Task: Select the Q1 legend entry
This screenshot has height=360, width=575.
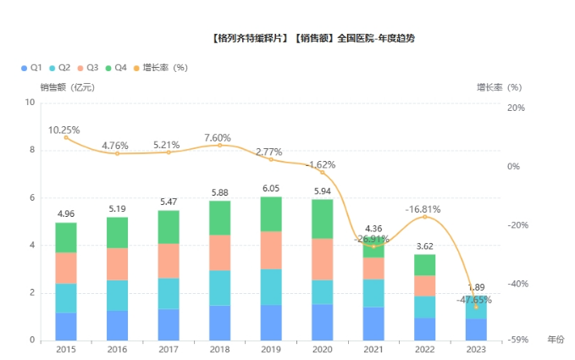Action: click(x=31, y=67)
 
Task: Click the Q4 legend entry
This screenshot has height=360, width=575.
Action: click(x=115, y=67)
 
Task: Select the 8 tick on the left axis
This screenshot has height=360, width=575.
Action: click(x=32, y=150)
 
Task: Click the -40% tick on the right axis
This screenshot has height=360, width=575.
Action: click(x=515, y=284)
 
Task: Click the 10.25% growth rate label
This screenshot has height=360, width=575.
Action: click(x=64, y=130)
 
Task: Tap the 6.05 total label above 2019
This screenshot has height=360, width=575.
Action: click(x=270, y=188)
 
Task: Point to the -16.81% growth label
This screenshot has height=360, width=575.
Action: click(x=423, y=208)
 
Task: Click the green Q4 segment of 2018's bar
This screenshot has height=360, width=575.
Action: click(x=219, y=218)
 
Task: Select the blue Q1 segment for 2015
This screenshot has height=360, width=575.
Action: click(x=66, y=326)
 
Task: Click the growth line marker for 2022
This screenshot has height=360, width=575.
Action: click(x=425, y=217)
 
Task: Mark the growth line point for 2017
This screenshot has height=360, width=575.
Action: click(x=169, y=152)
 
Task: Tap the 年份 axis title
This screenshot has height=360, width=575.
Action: click(x=555, y=339)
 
